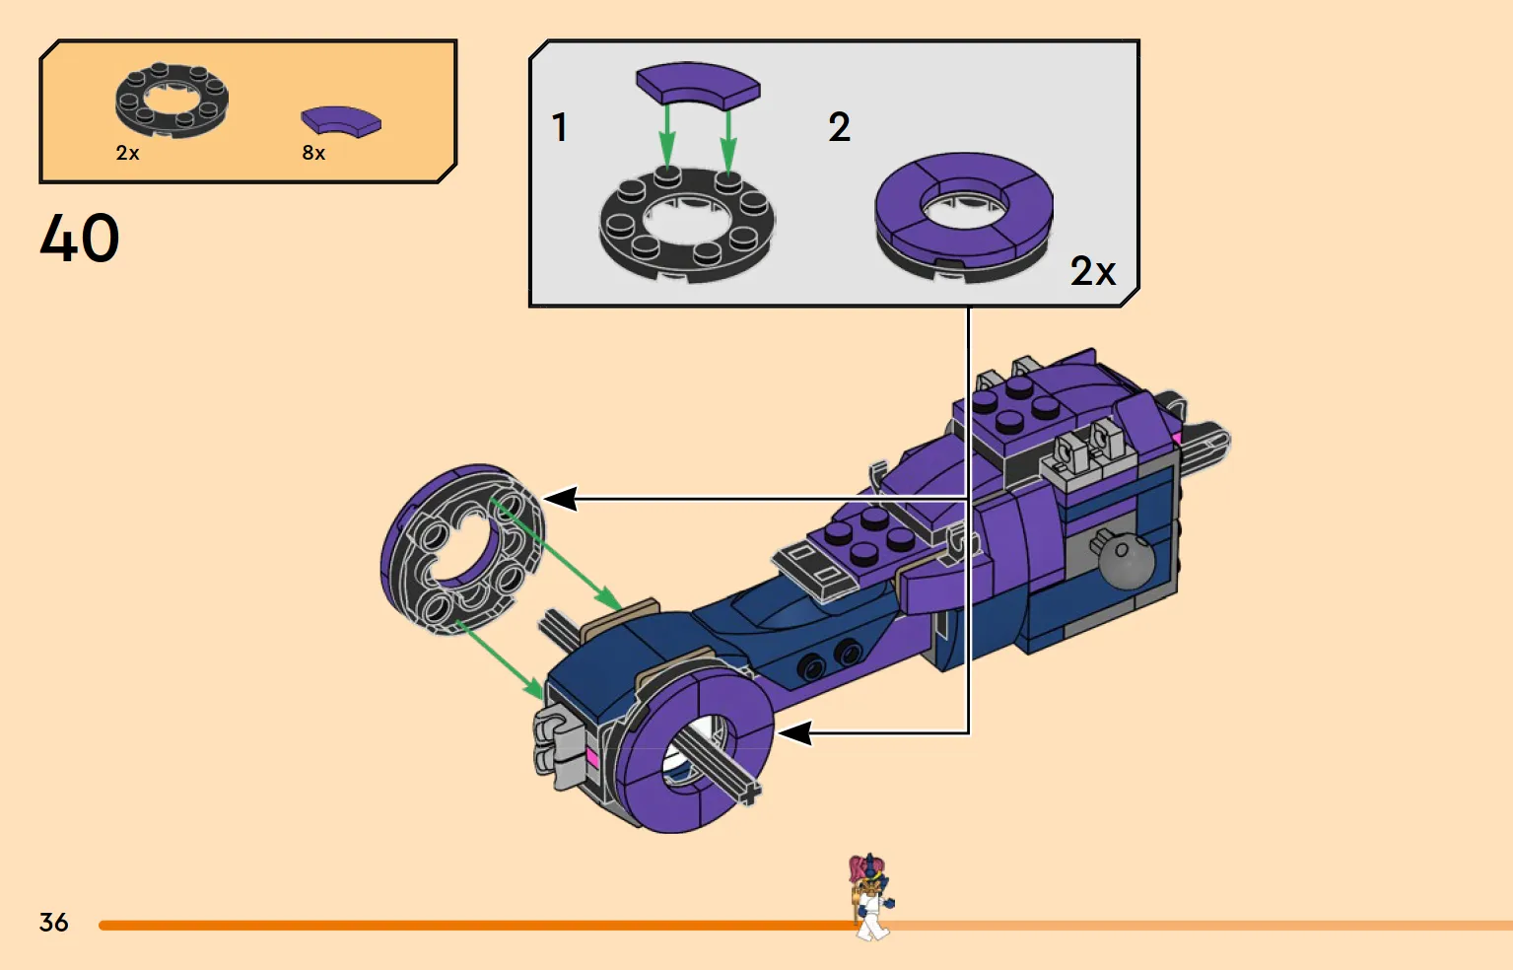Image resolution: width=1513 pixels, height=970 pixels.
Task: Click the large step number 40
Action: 80,238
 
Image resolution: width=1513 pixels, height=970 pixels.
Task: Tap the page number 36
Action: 54,922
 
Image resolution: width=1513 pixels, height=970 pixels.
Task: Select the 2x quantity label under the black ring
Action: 128,153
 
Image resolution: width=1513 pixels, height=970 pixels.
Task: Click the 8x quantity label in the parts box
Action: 313,153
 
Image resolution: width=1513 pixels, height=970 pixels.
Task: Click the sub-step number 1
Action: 559,127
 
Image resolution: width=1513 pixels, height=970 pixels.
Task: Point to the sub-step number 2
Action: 840,127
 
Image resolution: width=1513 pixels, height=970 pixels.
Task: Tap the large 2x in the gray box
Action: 1093,271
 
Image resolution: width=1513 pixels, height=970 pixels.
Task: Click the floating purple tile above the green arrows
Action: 699,85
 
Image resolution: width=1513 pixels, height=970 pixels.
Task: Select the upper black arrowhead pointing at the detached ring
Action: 560,499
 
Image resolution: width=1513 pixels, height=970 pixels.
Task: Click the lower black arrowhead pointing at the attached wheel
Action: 794,732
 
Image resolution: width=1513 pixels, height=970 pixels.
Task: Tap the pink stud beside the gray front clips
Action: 592,756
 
